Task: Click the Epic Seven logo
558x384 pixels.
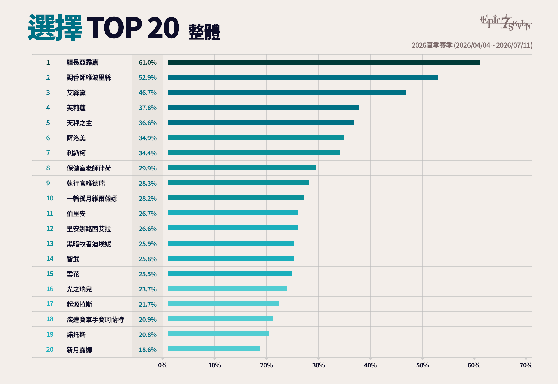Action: [x=506, y=22]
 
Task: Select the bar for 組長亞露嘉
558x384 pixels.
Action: [x=324, y=62]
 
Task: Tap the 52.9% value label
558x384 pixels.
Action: [x=148, y=78]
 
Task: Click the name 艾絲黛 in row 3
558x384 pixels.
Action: [x=76, y=93]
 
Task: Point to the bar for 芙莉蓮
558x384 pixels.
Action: [x=264, y=108]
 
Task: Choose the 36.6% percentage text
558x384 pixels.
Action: [x=148, y=123]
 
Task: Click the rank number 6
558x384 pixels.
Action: [x=48, y=138]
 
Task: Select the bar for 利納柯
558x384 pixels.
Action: [x=254, y=153]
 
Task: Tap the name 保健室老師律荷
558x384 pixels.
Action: [x=89, y=168]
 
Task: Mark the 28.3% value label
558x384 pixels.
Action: [x=148, y=183]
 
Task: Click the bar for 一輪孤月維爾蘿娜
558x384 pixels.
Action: [x=236, y=198]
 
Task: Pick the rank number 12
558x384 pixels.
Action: [x=50, y=229]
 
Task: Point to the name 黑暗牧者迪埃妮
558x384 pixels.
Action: [x=89, y=244]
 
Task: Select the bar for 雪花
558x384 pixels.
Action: [x=230, y=273]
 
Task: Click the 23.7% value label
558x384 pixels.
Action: [x=148, y=289]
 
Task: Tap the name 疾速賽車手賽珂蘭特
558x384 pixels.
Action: [x=95, y=319]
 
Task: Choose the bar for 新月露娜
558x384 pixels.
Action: [x=214, y=349]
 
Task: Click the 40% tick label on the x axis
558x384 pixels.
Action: [x=370, y=365]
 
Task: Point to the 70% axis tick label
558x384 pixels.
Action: [x=526, y=365]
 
